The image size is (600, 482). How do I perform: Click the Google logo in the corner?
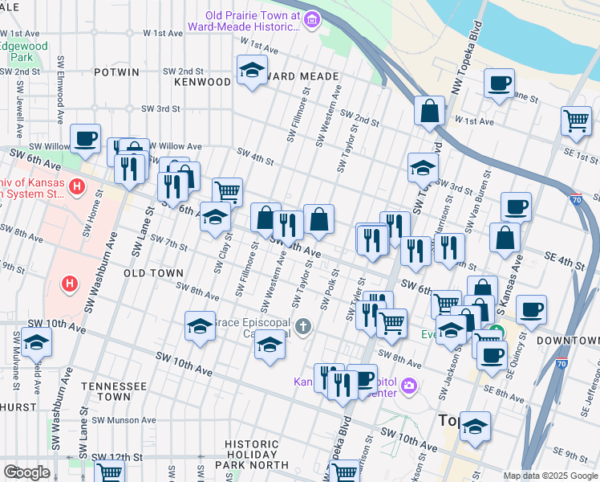(x=26, y=472)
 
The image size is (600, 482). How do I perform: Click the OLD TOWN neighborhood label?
(x=154, y=274)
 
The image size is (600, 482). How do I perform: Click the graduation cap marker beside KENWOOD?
(x=252, y=71)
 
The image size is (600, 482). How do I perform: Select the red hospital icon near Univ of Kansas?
(x=77, y=188)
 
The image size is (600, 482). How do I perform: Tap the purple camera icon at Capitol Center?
(x=409, y=386)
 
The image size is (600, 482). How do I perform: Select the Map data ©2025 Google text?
(x=550, y=476)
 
